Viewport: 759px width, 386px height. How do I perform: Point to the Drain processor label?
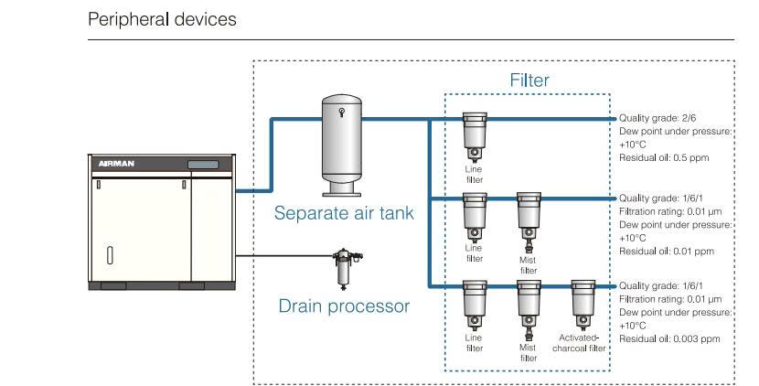click(x=344, y=306)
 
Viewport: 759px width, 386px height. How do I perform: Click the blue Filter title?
click(x=529, y=80)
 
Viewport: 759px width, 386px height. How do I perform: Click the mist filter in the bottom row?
click(x=527, y=304)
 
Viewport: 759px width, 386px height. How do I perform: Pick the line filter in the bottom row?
click(x=473, y=304)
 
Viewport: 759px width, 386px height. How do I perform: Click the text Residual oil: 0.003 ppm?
click(x=669, y=338)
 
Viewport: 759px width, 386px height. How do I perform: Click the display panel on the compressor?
click(x=204, y=165)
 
